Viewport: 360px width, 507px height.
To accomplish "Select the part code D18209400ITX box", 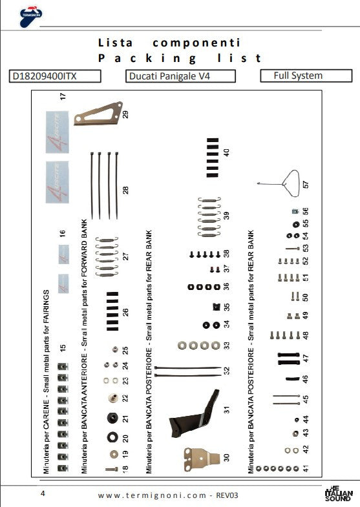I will coord(56,76).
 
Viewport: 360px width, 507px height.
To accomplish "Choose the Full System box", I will coord(300,76).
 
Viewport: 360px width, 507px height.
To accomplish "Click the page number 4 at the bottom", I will coord(43,493).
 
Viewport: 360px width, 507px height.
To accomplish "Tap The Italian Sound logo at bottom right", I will coord(339,493).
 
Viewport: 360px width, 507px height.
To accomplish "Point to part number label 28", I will coord(126,190).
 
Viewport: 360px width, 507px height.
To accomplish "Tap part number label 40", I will coord(226,153).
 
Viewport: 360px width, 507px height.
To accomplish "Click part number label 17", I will coord(63,97).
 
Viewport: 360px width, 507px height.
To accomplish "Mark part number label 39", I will coord(226,215).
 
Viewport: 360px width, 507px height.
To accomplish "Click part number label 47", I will coord(306,357).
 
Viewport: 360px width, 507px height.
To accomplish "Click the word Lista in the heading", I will coord(115,43).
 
